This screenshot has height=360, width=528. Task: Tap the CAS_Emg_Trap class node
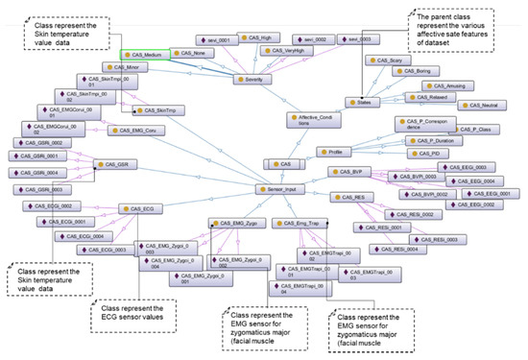click(x=298, y=223)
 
